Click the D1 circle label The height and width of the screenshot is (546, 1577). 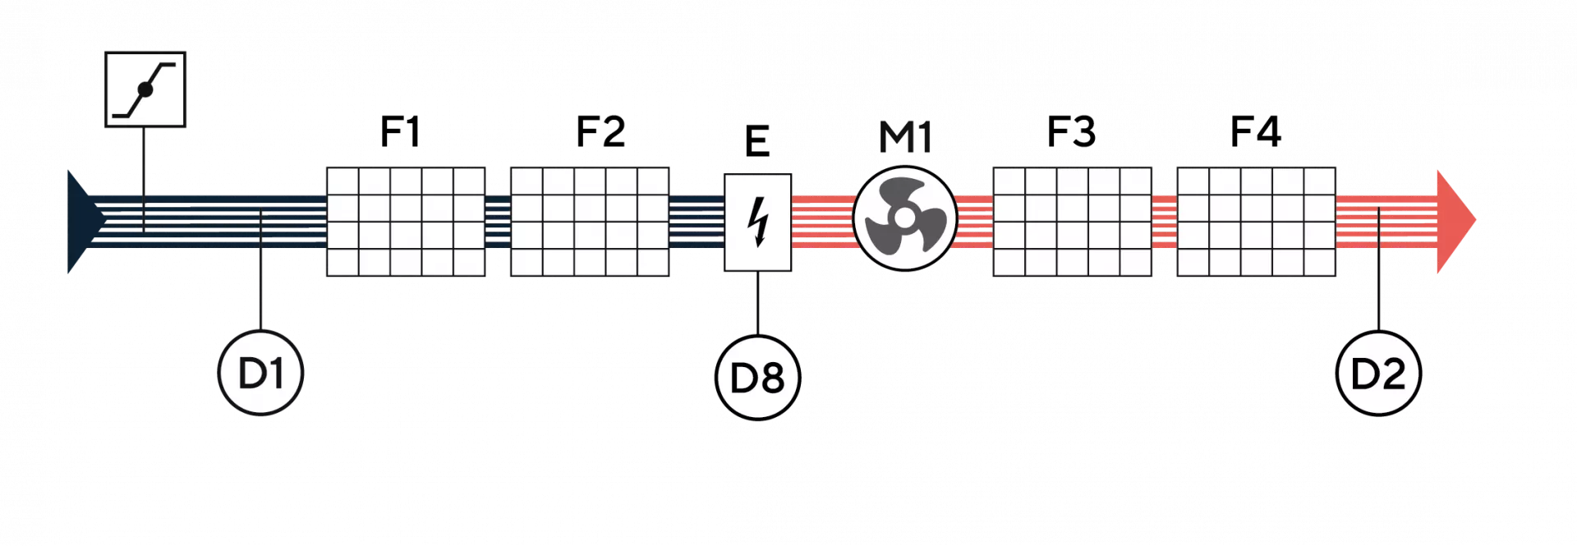click(x=260, y=374)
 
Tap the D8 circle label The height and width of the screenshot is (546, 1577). click(x=757, y=379)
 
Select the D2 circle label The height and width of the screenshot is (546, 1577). click(x=1378, y=374)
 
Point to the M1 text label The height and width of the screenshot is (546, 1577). click(x=905, y=140)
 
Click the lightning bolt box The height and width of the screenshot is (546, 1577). click(x=757, y=222)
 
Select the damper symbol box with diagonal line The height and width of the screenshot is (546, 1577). click(x=145, y=89)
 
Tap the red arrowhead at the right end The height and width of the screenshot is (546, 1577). click(x=1455, y=219)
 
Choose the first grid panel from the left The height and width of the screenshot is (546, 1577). click(x=406, y=221)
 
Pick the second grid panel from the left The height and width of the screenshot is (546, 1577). click(x=589, y=221)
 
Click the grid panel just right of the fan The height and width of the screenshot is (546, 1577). click(x=1072, y=221)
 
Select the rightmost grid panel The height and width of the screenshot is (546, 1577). click(x=1256, y=221)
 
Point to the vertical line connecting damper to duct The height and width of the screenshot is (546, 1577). click(x=145, y=160)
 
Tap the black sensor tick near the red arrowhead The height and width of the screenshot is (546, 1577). click(x=1379, y=227)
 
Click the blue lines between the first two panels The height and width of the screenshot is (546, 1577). click(x=497, y=221)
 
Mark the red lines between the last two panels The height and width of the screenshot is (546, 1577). click(x=1164, y=221)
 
